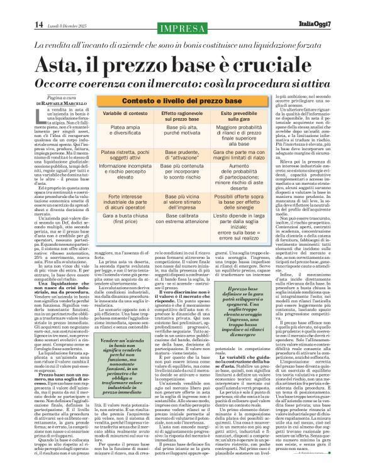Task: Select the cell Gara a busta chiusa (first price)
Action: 120,223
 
